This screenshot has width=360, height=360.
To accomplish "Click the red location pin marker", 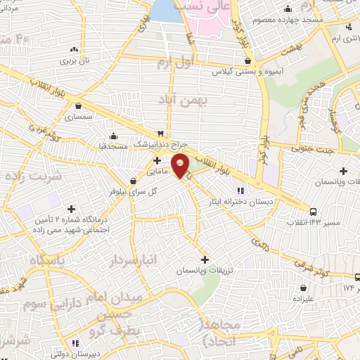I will (181, 166).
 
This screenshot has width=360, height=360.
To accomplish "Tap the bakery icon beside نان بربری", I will (75, 50).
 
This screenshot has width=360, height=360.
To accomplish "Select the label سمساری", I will (78, 117).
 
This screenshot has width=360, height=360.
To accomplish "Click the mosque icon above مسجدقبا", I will (113, 136).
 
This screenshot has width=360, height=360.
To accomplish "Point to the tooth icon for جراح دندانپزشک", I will (160, 133).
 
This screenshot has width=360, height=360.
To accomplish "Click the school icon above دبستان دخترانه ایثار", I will (240, 190).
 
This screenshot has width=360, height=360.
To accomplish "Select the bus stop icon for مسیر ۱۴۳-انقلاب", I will (313, 212).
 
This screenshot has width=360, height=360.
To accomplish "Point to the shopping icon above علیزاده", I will (303, 287).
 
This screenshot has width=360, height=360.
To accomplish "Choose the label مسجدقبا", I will (112, 146).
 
